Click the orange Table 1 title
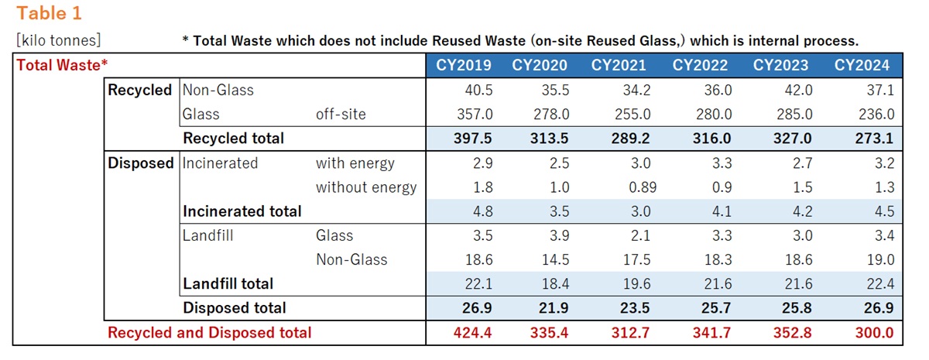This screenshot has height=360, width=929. [x=50, y=13]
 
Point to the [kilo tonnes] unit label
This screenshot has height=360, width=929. [x=58, y=40]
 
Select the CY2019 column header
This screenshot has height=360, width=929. [x=465, y=65]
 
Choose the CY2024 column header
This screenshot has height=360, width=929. [x=862, y=65]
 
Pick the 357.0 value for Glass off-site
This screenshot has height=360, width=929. [x=474, y=114]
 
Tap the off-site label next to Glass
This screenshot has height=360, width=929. [x=341, y=114]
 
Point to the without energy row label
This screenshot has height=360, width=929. [x=365, y=187]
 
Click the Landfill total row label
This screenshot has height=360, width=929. [x=228, y=284]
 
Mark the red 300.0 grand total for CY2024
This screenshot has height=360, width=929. [x=874, y=333]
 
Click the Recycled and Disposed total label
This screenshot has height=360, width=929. [x=209, y=333]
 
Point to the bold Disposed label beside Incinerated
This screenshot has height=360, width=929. [x=140, y=163]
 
